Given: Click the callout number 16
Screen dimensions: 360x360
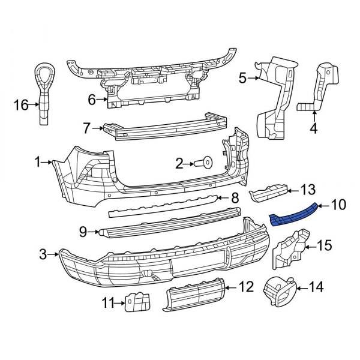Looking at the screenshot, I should pos(21,106).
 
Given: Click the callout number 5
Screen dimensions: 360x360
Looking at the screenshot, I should pos(243,77).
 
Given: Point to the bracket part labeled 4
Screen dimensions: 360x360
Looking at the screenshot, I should pos(317,90).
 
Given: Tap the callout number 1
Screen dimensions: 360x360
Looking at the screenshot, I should pos(38,161).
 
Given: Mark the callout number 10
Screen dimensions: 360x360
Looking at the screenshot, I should pos(338,206).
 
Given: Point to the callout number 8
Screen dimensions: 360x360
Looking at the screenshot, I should pos(235,197).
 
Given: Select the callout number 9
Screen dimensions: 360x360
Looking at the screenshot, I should pos(83,230).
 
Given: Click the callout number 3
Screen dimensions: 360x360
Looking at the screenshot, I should pos(43,255).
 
